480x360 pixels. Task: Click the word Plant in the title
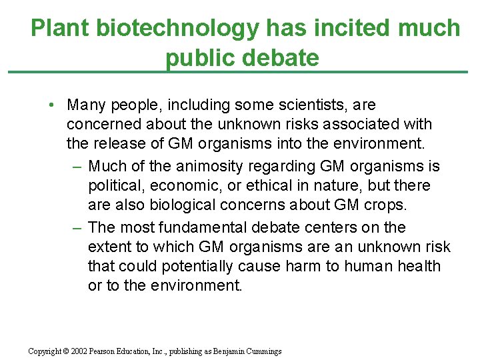(x=60, y=29)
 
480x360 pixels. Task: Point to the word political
(x=115, y=185)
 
